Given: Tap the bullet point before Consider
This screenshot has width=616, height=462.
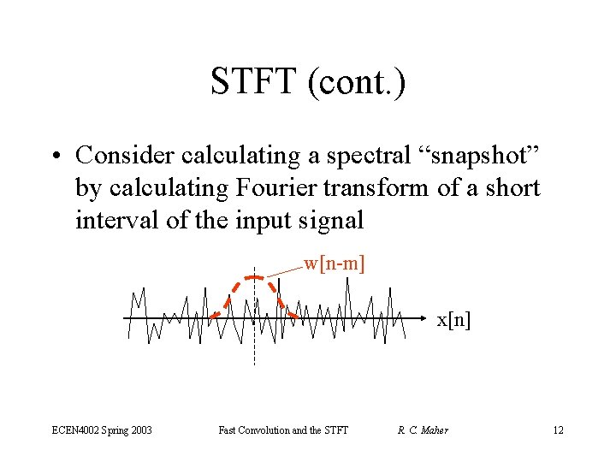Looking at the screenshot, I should (x=57, y=156).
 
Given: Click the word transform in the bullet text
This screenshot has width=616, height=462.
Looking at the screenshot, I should (x=388, y=187).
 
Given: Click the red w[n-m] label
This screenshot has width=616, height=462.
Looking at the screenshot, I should (x=335, y=264).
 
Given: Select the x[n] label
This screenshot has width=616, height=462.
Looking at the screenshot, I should (x=453, y=320).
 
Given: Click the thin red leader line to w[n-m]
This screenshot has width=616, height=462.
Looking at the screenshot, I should (x=284, y=270).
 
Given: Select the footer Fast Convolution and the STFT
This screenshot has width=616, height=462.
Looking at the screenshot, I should (x=283, y=429).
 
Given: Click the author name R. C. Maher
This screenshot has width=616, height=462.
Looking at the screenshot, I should (x=423, y=429).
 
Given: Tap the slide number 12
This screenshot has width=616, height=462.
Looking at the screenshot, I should (x=558, y=429).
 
